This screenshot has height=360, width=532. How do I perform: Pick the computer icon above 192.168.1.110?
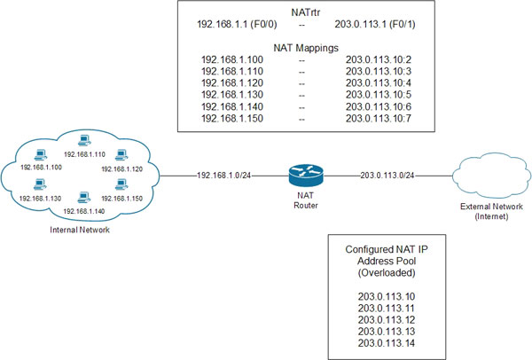[85, 139]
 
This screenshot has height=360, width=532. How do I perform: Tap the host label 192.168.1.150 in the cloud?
[121, 199]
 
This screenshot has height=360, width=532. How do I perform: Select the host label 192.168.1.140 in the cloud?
[86, 212]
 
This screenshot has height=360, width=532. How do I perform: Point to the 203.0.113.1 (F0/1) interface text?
[382, 27]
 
